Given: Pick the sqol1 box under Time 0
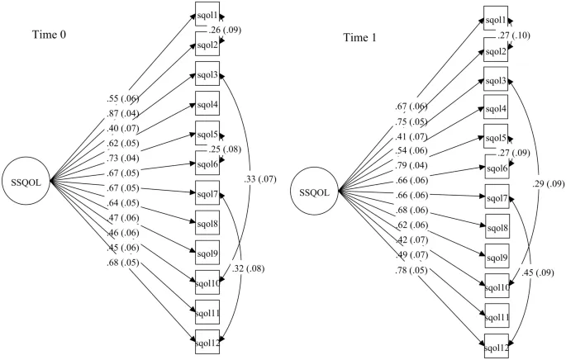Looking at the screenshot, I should pyautogui.click(x=207, y=16).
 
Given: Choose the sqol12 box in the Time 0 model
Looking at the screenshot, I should pyautogui.click(x=207, y=339).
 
